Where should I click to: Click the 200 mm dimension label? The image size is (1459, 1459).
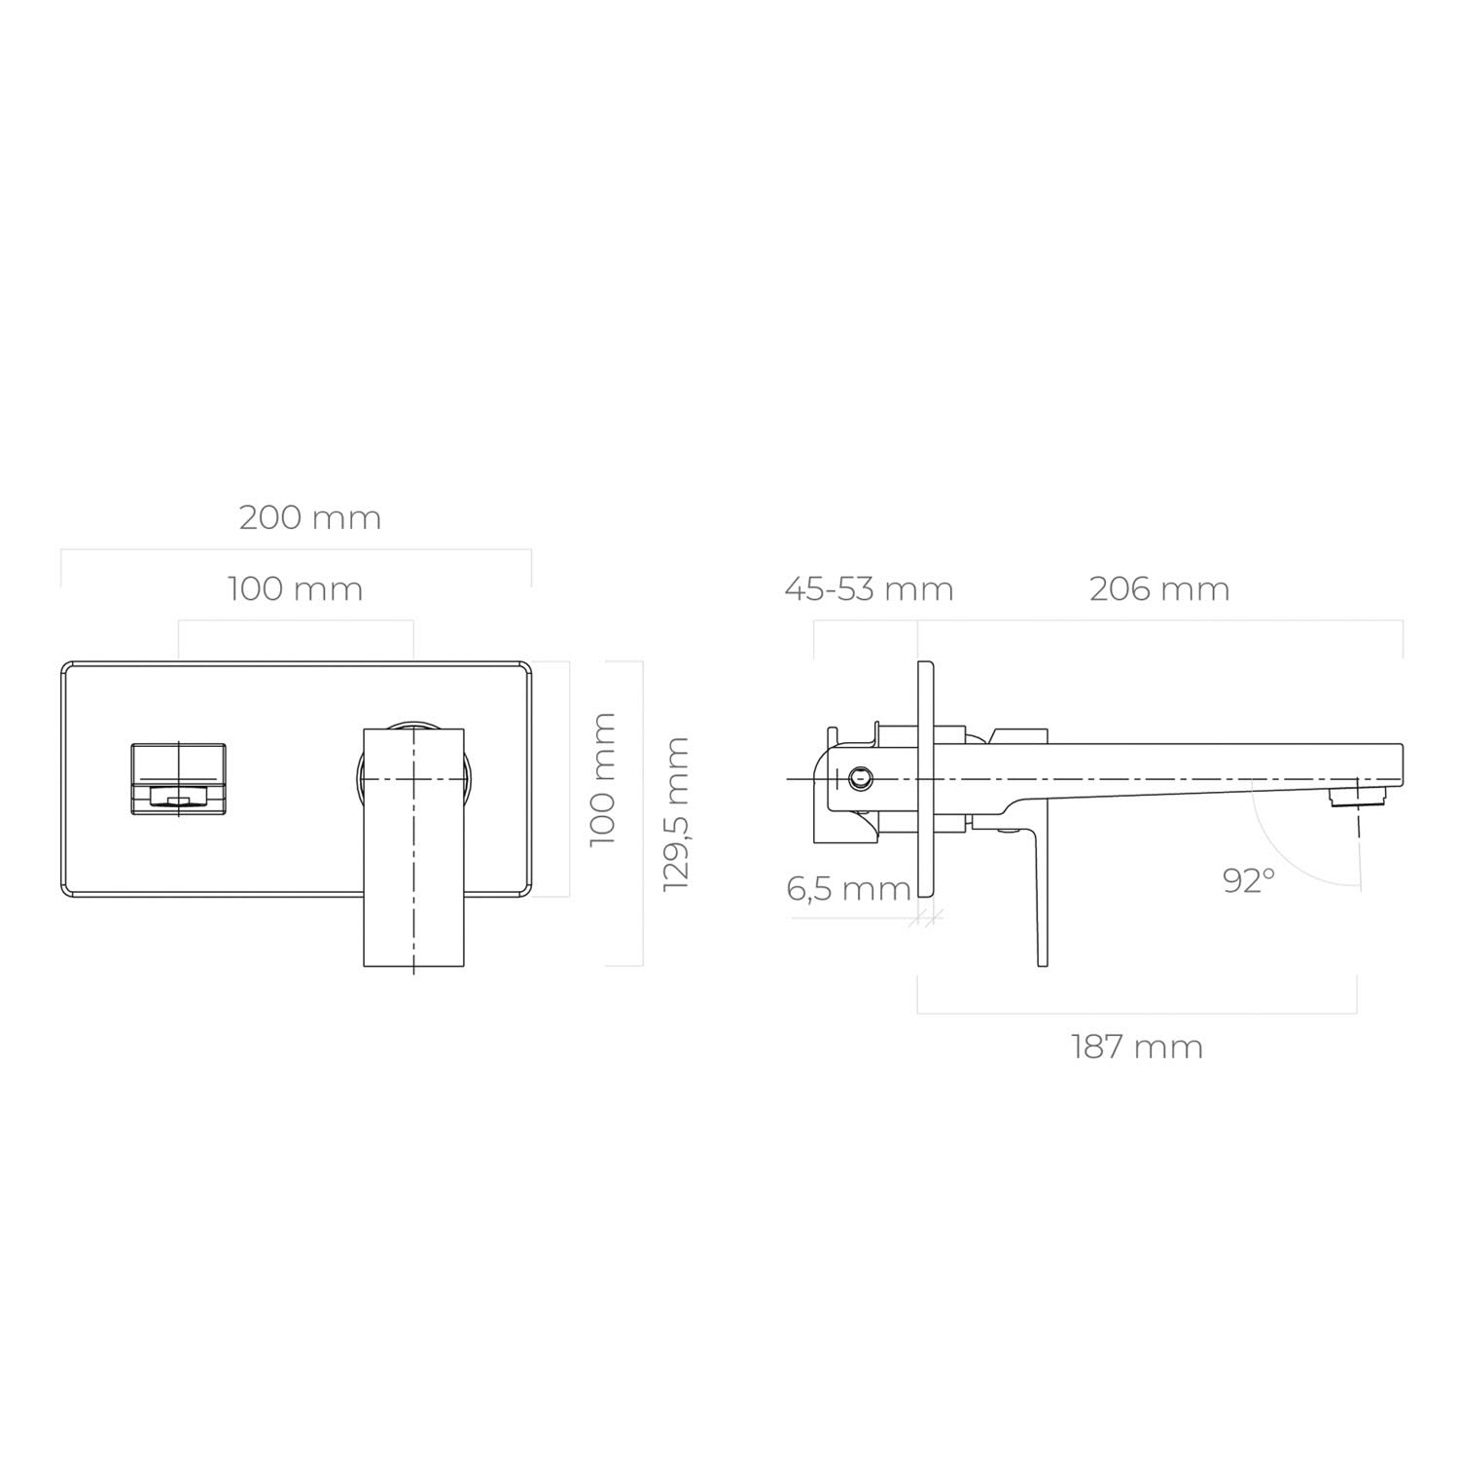(310, 516)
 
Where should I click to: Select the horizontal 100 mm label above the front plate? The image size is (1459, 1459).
(296, 588)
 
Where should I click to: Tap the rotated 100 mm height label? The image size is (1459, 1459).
(603, 778)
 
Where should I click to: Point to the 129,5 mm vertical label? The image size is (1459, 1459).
(675, 813)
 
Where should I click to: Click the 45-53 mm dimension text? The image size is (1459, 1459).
(870, 588)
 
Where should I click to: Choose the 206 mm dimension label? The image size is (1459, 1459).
(1159, 588)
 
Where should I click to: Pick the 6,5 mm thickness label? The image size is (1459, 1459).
(848, 888)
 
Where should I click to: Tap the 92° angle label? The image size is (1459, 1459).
(1249, 880)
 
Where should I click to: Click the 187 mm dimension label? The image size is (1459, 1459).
(1137, 1047)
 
